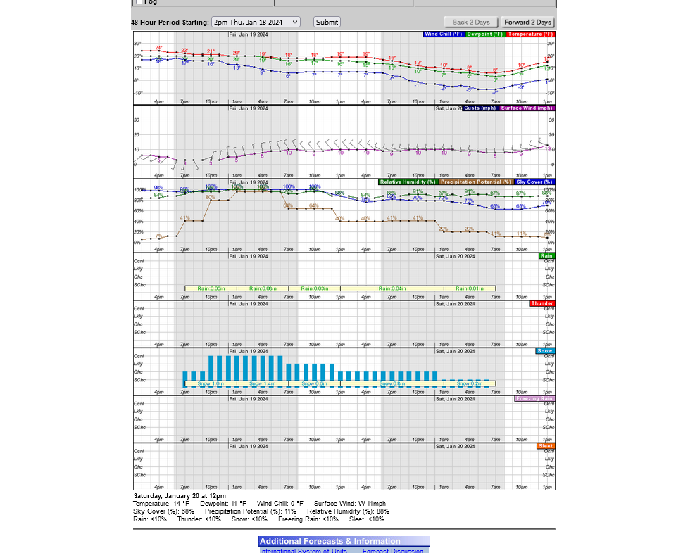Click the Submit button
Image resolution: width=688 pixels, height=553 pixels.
pos(327,22)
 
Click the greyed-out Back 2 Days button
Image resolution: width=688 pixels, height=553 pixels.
pos(470,23)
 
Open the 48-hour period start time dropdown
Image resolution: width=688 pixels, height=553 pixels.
pos(256,22)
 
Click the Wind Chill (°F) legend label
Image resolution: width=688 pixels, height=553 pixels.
pos(443,34)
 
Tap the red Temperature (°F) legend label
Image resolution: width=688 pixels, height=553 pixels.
pos(530,34)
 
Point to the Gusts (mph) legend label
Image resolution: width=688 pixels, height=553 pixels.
pos(481,108)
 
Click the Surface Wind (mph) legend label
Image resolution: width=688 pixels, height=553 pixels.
pos(527,108)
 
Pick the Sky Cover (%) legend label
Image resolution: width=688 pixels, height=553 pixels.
pos(534,182)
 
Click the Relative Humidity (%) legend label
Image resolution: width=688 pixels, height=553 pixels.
pos(408,182)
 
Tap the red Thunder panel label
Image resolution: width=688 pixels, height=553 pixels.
pos(542,303)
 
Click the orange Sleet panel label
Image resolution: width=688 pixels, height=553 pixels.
pos(546,446)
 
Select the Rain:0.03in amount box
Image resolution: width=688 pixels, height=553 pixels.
pos(314,288)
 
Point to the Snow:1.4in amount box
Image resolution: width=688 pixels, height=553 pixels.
pos(262,383)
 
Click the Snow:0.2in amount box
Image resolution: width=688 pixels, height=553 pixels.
pos(470,383)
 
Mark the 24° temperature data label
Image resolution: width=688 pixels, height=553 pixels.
pos(158,48)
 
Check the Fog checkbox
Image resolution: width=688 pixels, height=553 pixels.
pos(139,2)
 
